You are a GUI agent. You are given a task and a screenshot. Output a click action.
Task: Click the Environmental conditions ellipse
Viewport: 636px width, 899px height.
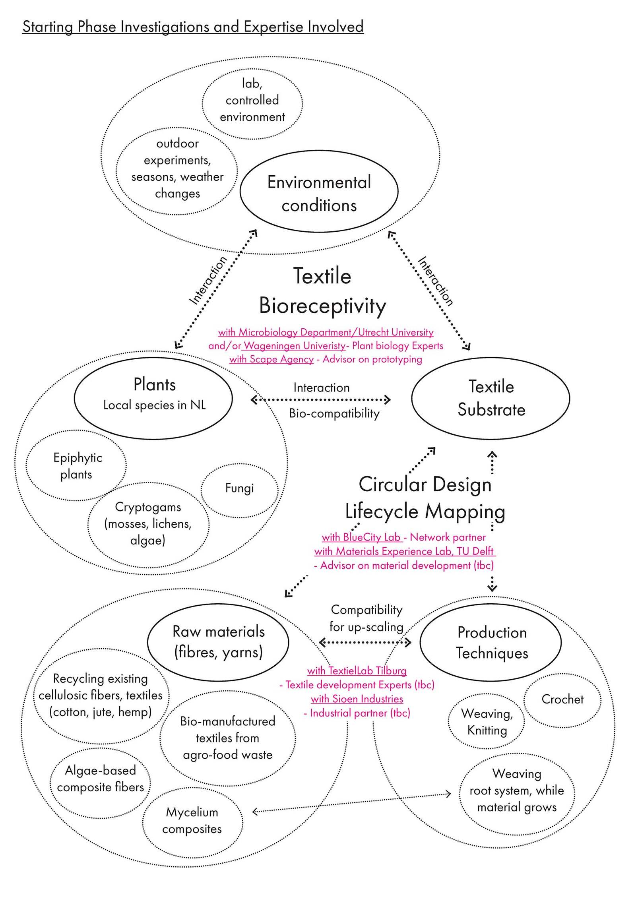coord(319,193)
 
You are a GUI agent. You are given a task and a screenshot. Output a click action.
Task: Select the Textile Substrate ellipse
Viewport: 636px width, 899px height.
coord(491,398)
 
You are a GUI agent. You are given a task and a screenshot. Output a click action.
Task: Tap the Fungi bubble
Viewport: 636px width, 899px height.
coord(239,488)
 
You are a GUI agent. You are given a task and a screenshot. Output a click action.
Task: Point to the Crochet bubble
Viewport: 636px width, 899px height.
coord(562,699)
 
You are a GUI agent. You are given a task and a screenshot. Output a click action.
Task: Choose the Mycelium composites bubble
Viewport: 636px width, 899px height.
coord(192,820)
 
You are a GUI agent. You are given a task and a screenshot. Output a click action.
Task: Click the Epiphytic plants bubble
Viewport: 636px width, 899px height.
coord(77,466)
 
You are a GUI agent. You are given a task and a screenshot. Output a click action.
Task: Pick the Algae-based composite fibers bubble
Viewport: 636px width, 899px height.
coord(100,779)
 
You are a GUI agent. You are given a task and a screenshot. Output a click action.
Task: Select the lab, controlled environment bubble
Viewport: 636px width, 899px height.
coord(252,100)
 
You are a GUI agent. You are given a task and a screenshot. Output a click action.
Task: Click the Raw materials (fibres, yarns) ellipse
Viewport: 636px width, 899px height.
coord(218,642)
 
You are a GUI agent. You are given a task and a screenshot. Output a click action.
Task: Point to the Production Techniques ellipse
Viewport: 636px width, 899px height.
coord(491,642)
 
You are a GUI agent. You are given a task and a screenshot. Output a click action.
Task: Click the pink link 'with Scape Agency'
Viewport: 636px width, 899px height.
coord(272,359)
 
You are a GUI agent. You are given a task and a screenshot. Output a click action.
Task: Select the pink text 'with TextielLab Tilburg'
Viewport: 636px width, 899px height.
coord(357,671)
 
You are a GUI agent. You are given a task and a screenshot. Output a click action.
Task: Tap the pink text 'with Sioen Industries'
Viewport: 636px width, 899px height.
coord(357,699)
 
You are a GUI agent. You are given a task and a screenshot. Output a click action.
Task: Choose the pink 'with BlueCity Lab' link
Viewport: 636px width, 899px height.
coord(361,537)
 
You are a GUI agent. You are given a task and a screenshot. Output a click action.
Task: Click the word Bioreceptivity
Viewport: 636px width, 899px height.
coord(322,306)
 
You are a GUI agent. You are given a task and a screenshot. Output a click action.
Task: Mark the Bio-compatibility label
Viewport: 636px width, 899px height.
coord(334,413)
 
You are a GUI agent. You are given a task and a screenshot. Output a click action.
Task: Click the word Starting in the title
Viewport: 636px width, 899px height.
coord(48,27)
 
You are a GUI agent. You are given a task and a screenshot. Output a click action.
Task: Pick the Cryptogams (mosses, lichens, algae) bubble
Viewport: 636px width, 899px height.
coord(148,524)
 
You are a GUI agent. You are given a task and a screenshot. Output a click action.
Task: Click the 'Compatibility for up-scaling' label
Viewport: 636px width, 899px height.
coord(366,618)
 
